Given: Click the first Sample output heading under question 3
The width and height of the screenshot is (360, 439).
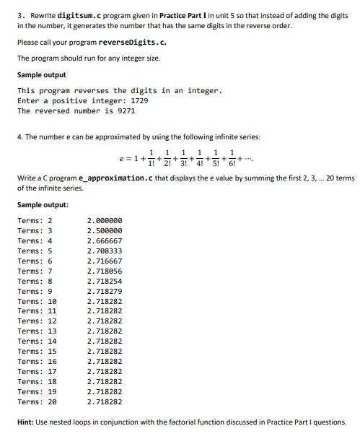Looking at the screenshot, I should coord(41,74).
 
